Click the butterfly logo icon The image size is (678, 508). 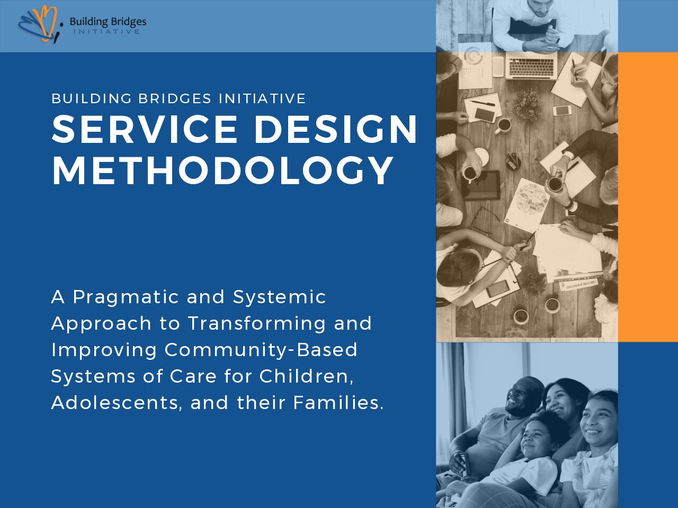coord(39,24)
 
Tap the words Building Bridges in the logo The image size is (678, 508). coord(108,22)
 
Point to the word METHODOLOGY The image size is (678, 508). coord(222,170)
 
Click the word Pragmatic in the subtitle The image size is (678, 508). coord(126,297)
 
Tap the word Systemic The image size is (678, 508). coord(279,297)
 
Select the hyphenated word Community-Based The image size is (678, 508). coord(261,350)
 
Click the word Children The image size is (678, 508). coord(306,376)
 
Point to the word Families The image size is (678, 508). coord(338,403)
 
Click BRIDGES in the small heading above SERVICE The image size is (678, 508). coord(174,98)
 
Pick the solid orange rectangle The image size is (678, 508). coord(648,197)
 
